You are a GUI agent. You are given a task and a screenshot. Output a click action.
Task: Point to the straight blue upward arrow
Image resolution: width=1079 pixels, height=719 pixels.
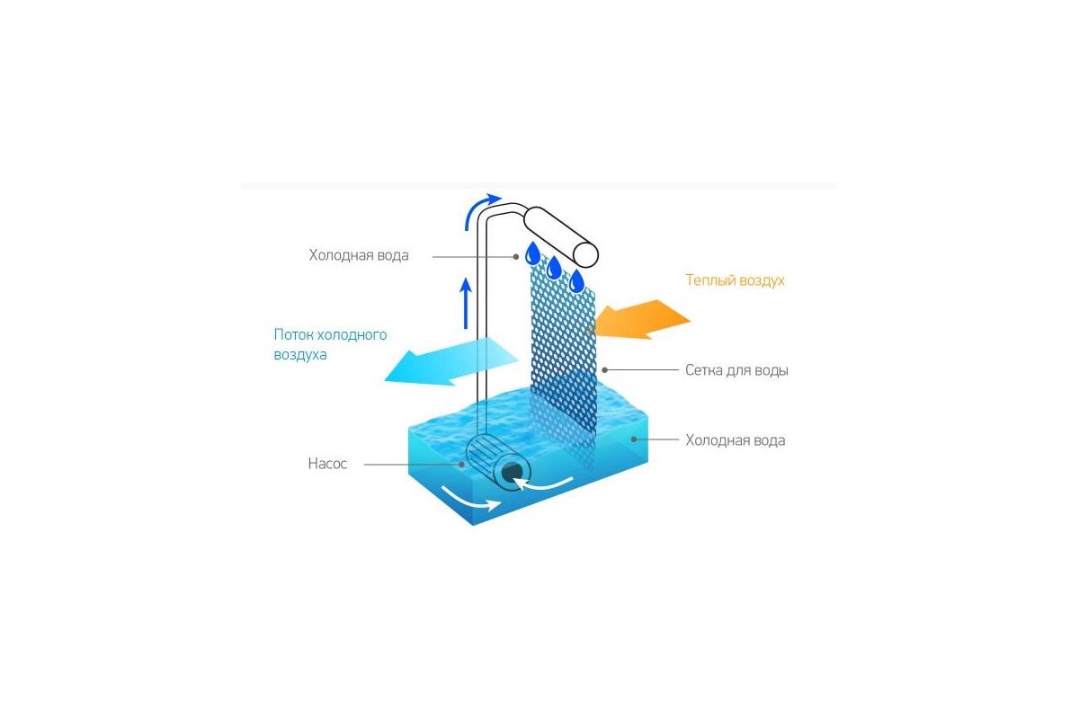pos(466,303)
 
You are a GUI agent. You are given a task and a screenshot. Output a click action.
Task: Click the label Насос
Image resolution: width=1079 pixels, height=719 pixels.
pos(327,464)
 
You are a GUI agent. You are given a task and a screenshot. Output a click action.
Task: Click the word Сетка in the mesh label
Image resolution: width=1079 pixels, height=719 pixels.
pos(707,369)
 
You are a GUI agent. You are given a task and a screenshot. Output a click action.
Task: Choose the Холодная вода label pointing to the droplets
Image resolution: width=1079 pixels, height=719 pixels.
pos(359,255)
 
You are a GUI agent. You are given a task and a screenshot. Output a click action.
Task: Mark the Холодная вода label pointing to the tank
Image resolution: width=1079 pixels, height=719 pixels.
pos(735,440)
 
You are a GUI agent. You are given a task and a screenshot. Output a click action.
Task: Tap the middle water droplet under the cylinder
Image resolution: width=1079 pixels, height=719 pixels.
pos(554,266)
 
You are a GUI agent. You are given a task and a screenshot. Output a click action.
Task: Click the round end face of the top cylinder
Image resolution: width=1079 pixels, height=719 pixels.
pos(585,253)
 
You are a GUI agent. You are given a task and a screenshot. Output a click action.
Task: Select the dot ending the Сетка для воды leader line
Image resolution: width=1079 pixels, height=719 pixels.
pos(605,369)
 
